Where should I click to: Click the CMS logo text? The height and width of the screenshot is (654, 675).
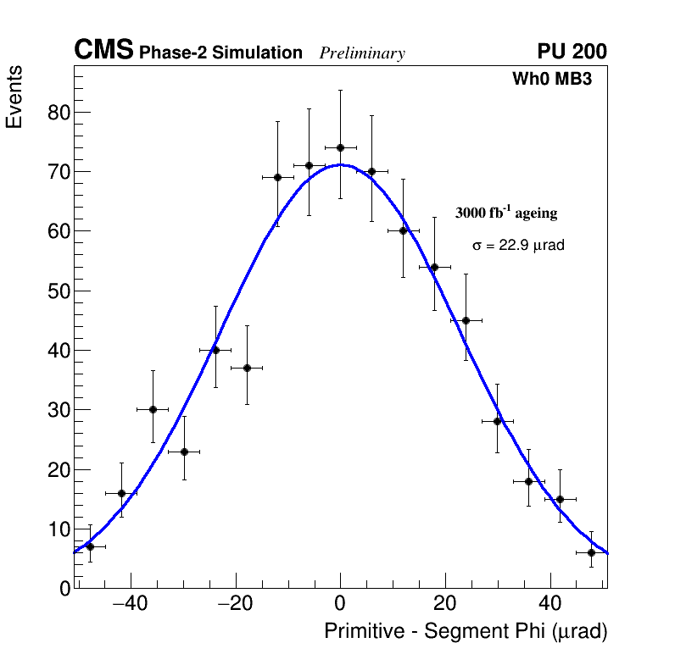click(103, 52)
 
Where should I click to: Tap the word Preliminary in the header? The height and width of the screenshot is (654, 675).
click(362, 53)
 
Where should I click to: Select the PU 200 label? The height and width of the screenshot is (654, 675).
click(572, 52)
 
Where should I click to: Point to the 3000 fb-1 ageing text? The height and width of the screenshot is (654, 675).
click(506, 213)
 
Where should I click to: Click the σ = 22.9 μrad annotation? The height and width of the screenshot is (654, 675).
click(518, 246)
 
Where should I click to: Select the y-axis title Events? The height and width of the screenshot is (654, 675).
click(14, 97)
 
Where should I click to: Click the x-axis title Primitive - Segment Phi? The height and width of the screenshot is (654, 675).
click(466, 631)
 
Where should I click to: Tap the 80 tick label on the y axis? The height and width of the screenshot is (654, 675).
click(58, 113)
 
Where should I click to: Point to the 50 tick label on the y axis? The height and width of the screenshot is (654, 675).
click(58, 291)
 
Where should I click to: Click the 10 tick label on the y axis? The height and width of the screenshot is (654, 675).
click(58, 529)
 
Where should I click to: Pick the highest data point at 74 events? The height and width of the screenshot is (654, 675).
click(340, 147)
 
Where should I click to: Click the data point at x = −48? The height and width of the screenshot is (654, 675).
click(90, 546)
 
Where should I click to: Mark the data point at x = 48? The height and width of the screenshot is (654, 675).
click(591, 552)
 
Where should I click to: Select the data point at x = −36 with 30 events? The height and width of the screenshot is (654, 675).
click(153, 409)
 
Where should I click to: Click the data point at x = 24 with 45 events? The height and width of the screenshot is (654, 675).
click(466, 320)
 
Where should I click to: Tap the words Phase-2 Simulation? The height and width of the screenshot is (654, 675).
click(220, 53)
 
